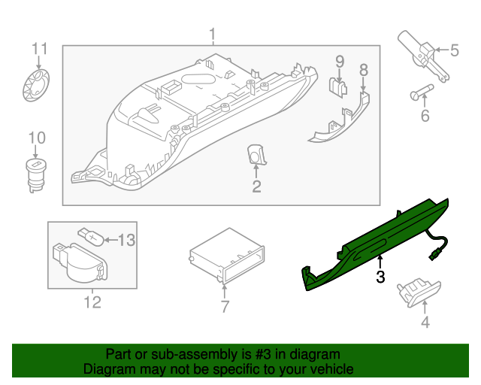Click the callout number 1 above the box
(213, 35)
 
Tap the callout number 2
(256, 186)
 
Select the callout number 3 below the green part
(380, 277)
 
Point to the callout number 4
(425, 323)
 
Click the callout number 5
(454, 50)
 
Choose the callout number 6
(425, 116)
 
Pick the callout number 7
(224, 306)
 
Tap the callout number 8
(364, 70)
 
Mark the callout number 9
(339, 61)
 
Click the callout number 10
(37, 138)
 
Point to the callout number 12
(92, 302)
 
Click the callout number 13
(126, 240)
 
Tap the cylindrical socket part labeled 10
(35, 174)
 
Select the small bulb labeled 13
(91, 238)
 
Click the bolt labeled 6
(422, 94)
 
